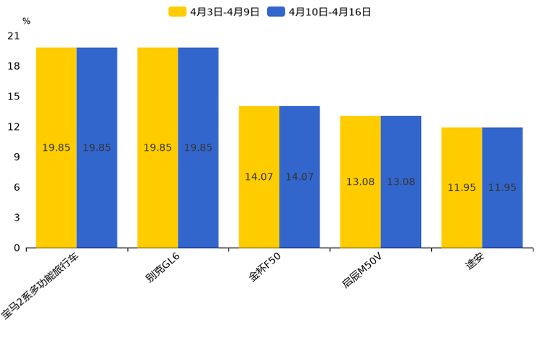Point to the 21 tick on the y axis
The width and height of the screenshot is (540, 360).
click(x=14, y=36)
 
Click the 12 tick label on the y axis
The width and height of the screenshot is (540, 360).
click(x=14, y=127)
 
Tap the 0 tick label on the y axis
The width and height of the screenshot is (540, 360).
click(x=17, y=248)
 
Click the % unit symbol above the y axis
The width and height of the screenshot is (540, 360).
click(x=26, y=21)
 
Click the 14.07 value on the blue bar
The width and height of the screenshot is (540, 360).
click(x=300, y=176)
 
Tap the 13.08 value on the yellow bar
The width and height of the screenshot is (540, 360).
click(x=360, y=181)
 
